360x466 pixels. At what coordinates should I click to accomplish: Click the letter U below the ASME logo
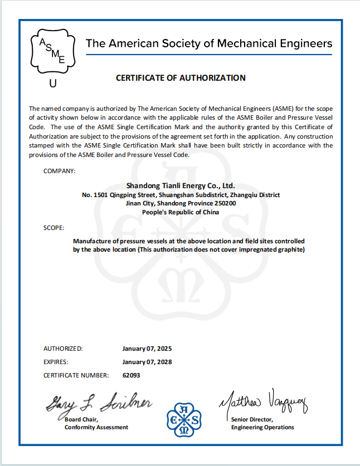53,84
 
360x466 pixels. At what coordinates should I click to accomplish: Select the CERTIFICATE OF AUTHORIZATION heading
181,78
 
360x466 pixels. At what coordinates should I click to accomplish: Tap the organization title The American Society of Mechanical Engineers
208,43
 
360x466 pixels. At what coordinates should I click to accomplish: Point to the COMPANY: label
59,170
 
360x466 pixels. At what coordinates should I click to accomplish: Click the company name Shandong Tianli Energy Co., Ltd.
181,185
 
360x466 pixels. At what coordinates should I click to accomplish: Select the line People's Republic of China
181,213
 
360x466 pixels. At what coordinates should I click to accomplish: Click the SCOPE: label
54,228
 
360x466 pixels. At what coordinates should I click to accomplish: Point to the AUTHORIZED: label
63,349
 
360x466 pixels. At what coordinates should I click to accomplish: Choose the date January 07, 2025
147,349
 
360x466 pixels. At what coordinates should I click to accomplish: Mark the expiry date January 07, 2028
147,362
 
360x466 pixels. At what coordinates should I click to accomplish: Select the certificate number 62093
132,375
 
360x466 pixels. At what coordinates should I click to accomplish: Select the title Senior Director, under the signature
252,419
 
